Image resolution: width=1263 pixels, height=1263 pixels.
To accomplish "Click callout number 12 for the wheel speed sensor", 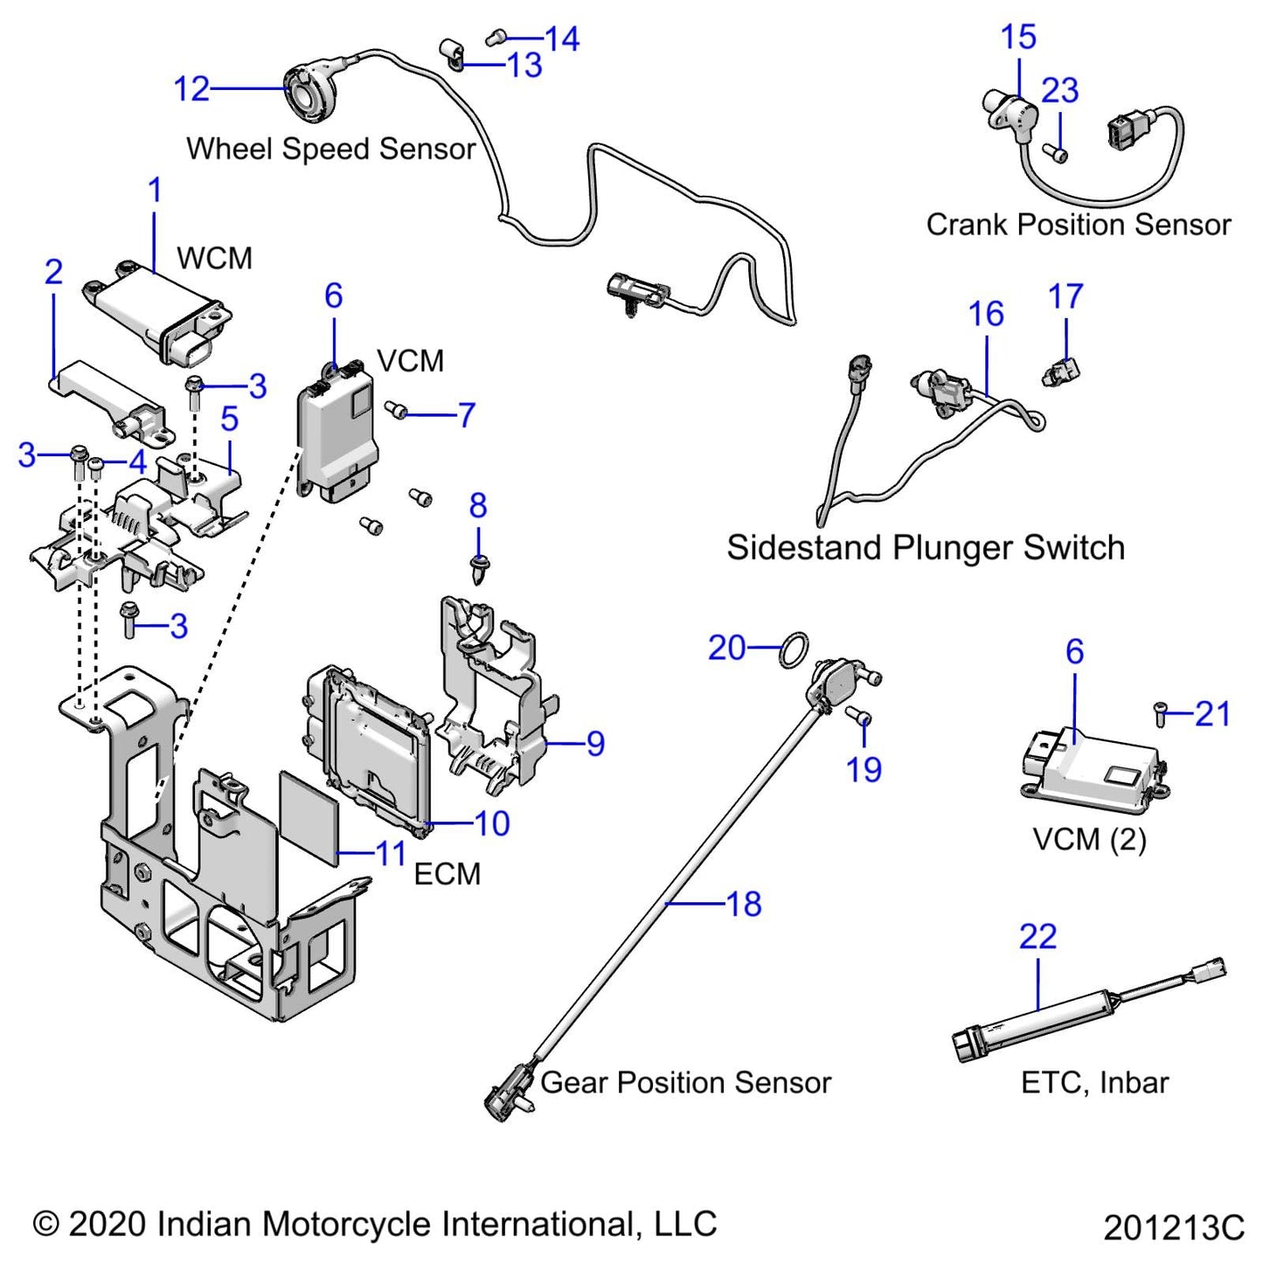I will coord(191,89).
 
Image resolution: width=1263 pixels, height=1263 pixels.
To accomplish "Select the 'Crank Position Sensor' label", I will coord(1078,225).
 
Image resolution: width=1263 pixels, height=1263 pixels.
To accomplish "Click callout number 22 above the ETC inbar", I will coord(1037,937).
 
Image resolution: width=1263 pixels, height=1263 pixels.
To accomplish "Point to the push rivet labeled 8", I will coord(478,569).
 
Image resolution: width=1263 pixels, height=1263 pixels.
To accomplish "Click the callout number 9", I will coord(595,744).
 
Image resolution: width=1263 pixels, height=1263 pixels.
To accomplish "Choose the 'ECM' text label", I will coord(447,874).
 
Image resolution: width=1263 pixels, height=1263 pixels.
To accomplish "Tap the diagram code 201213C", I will coord(1173,1228).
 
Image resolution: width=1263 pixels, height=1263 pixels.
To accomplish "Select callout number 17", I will coord(1065,297).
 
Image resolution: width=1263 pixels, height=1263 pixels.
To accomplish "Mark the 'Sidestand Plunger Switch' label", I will coord(926,548).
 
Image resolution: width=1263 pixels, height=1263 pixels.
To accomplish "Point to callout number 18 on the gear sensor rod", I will coord(744,904).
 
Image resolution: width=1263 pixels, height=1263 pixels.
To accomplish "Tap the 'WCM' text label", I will coord(214,259).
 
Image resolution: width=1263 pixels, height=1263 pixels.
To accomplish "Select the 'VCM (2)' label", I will coord(1089,840).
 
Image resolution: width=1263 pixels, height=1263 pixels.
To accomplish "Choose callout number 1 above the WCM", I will coord(155,191).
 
